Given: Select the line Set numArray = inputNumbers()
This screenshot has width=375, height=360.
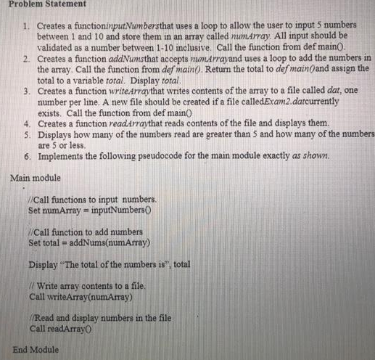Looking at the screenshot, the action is click(x=89, y=210).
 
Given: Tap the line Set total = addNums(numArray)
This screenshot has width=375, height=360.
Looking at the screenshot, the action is click(x=88, y=242).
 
